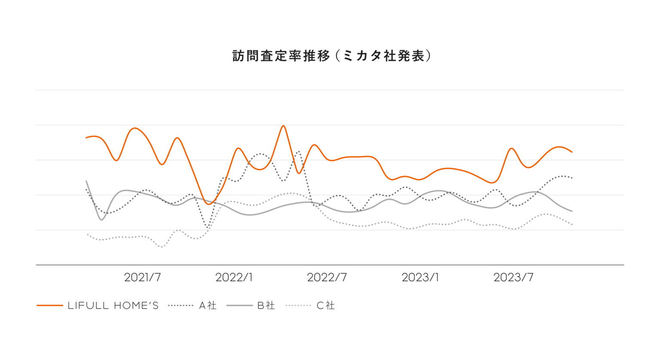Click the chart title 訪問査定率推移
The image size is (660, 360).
pos(281,56)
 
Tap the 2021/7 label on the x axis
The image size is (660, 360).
pos(142,278)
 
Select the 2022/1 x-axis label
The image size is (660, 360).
pos(234,278)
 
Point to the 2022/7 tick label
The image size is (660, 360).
pos(327,278)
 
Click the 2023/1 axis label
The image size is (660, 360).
pos(420,278)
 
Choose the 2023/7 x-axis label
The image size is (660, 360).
pos(513,278)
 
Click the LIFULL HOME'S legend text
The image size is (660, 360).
pos(113,306)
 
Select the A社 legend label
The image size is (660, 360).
pos(208,306)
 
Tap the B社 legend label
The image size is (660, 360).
pos(266,306)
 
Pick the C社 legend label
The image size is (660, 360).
pos(325,306)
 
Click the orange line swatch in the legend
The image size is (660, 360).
pos(50,306)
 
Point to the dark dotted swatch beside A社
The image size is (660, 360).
pos(180,306)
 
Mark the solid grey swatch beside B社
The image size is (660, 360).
pos(239,306)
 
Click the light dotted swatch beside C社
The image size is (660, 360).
pos(298,306)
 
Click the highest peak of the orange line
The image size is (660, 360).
pos(283,126)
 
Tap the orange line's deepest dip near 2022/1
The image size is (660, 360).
pos(209,204)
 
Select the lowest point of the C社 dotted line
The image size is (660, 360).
pos(162,247)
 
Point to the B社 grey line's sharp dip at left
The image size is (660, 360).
pos(101,220)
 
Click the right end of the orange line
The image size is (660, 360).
pos(572,152)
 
